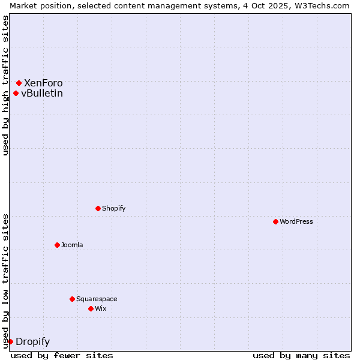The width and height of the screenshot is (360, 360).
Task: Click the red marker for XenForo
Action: (x=19, y=83)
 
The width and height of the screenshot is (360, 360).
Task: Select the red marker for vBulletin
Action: (x=16, y=93)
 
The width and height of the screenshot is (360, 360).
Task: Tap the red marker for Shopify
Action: (x=98, y=208)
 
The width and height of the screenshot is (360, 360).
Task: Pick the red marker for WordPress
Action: (x=275, y=221)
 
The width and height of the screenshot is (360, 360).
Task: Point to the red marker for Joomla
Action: (x=57, y=245)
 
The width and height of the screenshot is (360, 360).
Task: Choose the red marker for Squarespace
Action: (x=72, y=299)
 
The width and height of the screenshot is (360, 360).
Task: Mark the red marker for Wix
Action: (x=91, y=308)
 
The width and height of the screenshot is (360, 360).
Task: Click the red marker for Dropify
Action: (x=10, y=341)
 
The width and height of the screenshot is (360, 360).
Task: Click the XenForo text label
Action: (x=43, y=83)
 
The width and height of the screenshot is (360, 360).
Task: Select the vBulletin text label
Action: (x=42, y=93)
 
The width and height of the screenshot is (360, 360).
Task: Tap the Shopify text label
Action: (x=113, y=208)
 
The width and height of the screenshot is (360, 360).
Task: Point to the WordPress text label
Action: (x=296, y=221)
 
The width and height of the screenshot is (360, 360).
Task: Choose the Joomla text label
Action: (x=72, y=245)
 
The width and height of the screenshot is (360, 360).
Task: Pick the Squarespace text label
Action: (x=97, y=299)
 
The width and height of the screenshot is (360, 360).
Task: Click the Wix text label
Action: (x=100, y=308)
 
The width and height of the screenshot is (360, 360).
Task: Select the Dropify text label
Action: (x=32, y=342)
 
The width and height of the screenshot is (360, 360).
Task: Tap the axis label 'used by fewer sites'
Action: (x=62, y=355)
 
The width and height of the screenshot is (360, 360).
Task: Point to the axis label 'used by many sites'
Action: (x=301, y=355)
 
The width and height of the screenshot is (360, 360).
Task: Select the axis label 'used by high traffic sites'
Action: (x=5, y=85)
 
